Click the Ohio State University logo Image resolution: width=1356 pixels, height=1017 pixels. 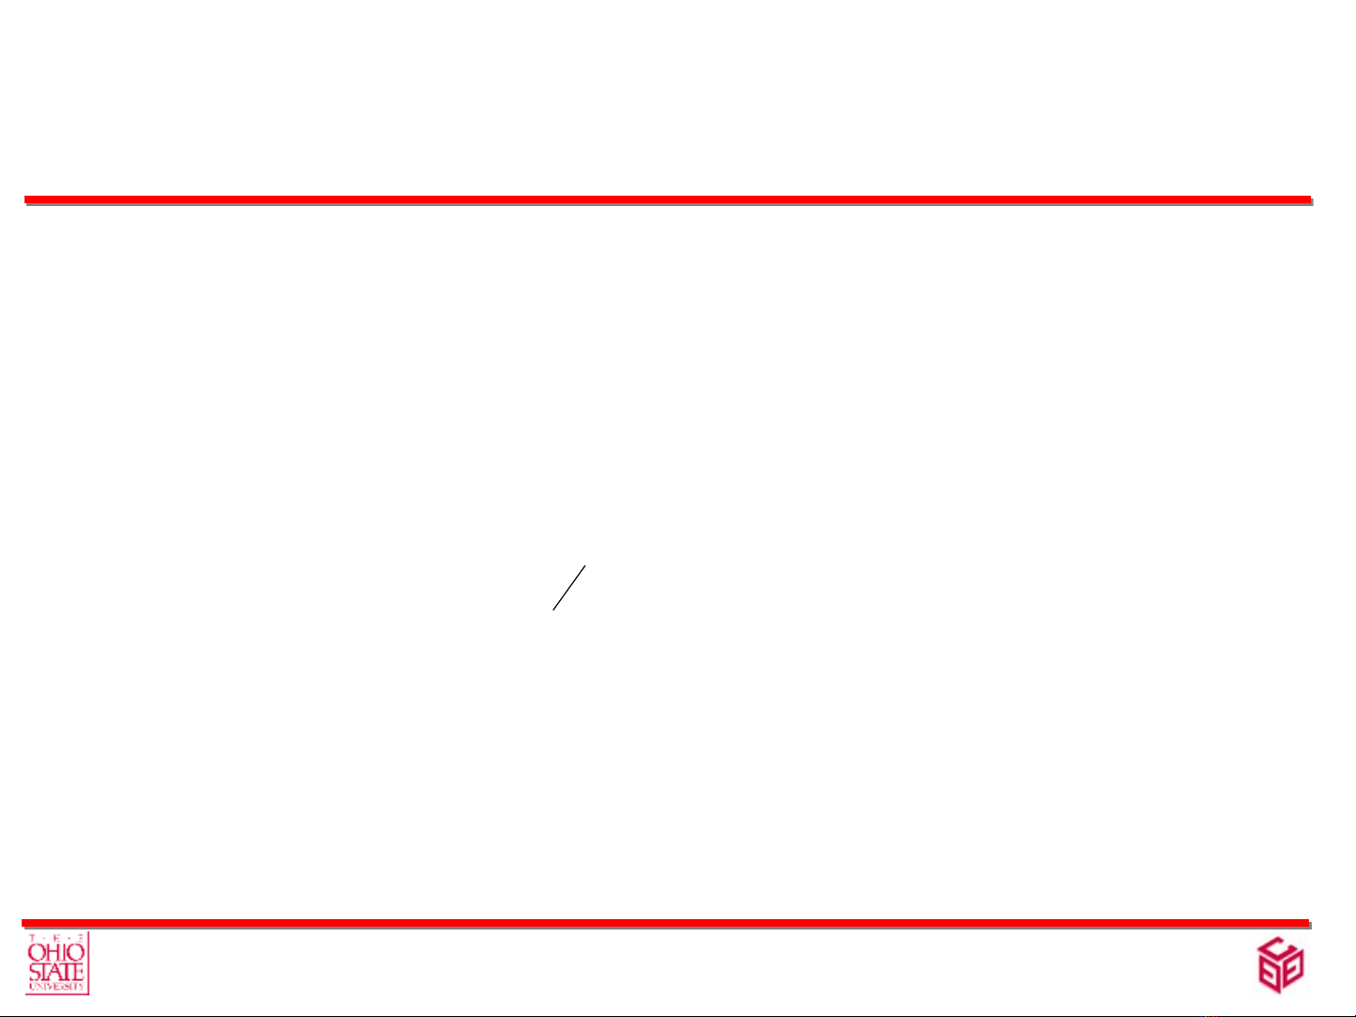coord(56,963)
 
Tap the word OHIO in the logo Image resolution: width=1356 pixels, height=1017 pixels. coord(56,953)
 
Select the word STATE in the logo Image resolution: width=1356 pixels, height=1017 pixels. coord(56,972)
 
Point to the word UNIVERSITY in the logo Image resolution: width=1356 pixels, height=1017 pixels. coord(56,987)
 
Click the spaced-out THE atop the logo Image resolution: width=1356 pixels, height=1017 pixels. coord(56,939)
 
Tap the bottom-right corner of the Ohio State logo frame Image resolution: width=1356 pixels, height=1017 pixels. coord(88,993)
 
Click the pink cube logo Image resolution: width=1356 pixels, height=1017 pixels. coord(1281,964)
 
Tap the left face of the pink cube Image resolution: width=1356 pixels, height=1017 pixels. coord(1269,974)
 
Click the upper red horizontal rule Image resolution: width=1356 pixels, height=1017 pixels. coord(667,199)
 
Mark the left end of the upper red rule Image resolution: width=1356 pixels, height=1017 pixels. coord(26,199)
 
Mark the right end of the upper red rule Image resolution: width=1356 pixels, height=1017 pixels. coord(1309,199)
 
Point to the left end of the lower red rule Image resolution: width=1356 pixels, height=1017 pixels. coord(24,923)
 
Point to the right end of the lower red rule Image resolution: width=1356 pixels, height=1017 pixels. coord(1307,923)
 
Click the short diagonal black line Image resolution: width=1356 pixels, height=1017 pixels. coord(569,588)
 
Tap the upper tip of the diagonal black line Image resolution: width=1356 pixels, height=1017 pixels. coord(585,566)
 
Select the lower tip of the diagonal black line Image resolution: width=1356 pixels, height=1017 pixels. coord(553,610)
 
